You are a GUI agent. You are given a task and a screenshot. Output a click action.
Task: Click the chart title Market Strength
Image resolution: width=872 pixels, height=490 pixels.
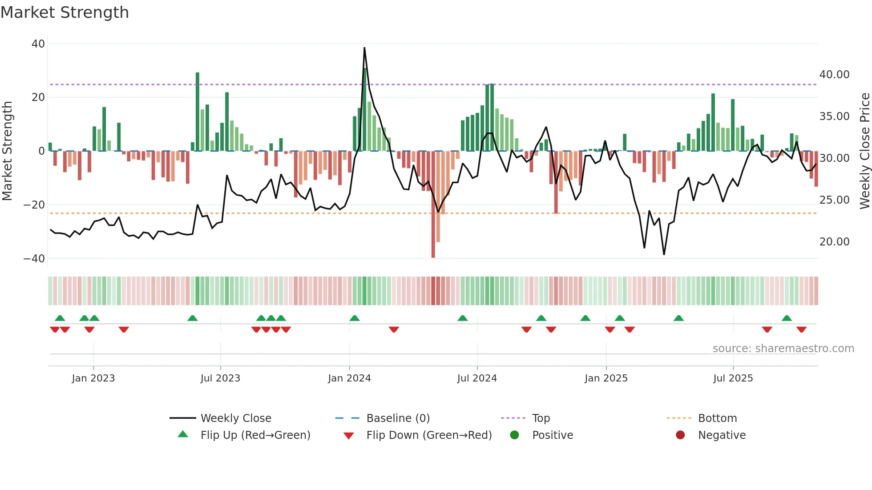pyautogui.click(x=65, y=12)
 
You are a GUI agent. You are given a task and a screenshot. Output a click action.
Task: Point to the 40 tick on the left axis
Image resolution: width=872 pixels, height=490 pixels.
pyautogui.click(x=38, y=44)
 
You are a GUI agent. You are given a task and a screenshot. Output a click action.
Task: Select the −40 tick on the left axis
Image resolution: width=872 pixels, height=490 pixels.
pyautogui.click(x=34, y=258)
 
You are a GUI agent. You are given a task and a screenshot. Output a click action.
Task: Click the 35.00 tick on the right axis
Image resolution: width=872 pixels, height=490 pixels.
pyautogui.click(x=834, y=116)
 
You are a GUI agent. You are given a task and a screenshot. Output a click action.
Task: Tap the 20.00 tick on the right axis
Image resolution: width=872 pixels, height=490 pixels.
pyautogui.click(x=834, y=242)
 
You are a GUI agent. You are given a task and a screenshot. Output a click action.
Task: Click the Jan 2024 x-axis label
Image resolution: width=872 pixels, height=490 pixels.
pyautogui.click(x=349, y=378)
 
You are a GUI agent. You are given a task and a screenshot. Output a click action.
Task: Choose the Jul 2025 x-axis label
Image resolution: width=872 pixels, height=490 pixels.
pyautogui.click(x=733, y=378)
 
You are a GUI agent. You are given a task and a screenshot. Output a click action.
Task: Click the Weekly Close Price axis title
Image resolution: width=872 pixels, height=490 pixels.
pyautogui.click(x=864, y=151)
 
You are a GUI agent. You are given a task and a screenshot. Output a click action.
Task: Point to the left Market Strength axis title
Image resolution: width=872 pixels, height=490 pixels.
pyautogui.click(x=8, y=151)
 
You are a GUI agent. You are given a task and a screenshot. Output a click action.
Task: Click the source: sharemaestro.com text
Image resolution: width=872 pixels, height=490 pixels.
pyautogui.click(x=783, y=349)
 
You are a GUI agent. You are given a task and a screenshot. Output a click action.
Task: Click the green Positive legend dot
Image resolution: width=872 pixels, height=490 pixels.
pyautogui.click(x=515, y=435)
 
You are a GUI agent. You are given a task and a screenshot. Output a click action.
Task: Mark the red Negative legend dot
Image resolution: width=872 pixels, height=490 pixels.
pyautogui.click(x=680, y=435)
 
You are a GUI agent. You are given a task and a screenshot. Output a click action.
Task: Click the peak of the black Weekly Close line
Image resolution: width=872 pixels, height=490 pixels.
pyautogui.click(x=364, y=48)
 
